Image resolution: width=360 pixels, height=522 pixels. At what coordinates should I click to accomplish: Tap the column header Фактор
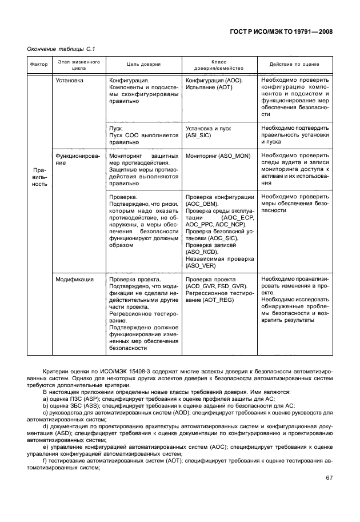tap(39, 65)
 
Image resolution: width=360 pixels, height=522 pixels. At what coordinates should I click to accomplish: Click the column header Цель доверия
tap(143, 65)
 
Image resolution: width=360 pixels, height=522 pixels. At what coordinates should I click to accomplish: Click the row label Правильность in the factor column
tap(39, 177)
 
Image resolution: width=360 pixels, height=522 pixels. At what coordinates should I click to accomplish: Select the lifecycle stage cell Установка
tap(69, 81)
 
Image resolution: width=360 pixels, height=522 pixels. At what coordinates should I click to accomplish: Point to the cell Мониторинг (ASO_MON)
tap(218, 155)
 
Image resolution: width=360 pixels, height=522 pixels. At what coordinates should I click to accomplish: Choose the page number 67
tap(330, 478)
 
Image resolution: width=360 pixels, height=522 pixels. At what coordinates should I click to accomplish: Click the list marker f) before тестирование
tap(46, 460)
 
